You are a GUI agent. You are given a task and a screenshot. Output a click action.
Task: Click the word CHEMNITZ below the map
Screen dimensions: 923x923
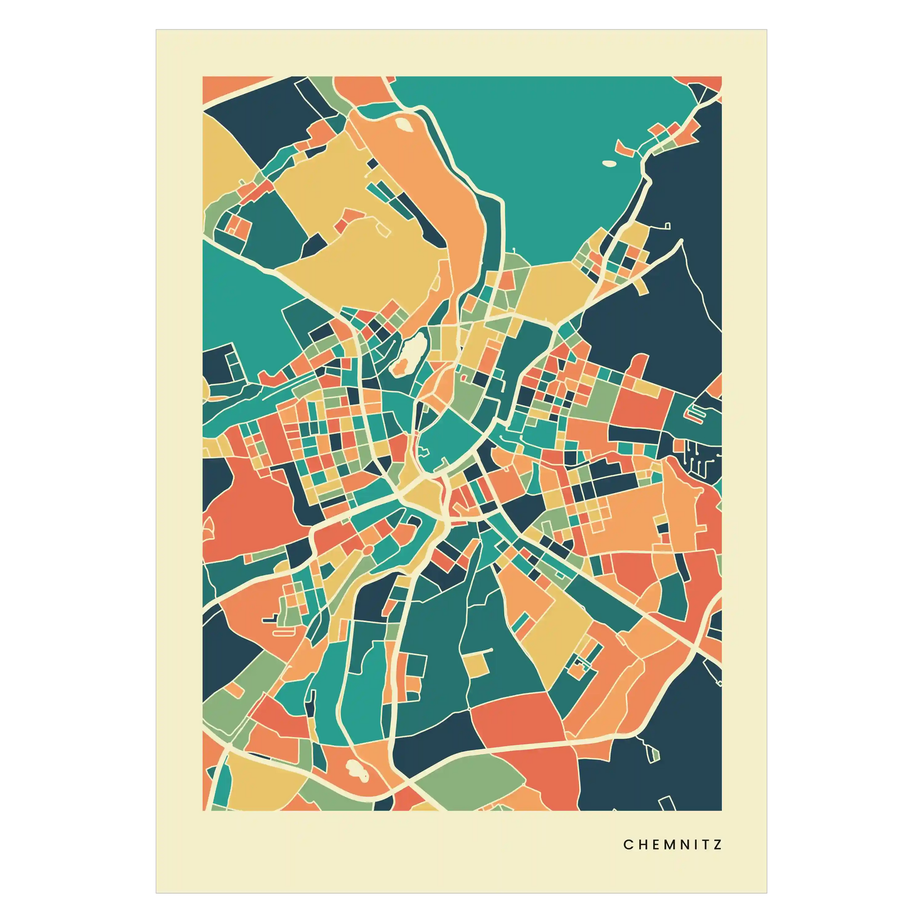coord(672,845)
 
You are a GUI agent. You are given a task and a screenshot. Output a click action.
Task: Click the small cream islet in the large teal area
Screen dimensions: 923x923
coord(608,163)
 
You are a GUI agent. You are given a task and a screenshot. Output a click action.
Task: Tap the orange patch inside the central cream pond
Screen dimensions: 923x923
coord(400,368)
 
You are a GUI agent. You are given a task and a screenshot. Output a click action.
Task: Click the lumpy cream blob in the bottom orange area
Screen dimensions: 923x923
coord(355,769)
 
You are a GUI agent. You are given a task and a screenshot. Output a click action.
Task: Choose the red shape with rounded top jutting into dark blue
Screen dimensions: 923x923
coord(640,366)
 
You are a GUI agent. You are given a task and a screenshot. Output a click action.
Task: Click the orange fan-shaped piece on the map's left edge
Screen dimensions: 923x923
coord(208,530)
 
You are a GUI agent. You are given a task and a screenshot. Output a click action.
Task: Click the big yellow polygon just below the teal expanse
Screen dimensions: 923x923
coord(554,286)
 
